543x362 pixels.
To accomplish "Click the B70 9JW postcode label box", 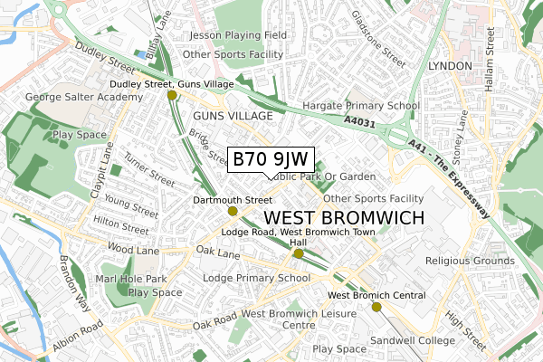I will click(x=271, y=159).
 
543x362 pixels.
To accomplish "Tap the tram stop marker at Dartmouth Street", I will click(x=233, y=211).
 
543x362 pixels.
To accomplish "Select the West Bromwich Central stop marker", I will click(x=376, y=307).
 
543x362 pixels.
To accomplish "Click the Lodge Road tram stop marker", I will click(x=299, y=254).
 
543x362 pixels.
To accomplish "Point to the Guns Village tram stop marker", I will click(x=171, y=94).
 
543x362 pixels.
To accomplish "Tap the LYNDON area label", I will click(x=449, y=67).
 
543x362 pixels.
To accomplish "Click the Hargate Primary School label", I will click(x=360, y=106).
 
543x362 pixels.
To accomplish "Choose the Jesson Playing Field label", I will click(x=236, y=35).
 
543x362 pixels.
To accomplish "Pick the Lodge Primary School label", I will click(x=257, y=278).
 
